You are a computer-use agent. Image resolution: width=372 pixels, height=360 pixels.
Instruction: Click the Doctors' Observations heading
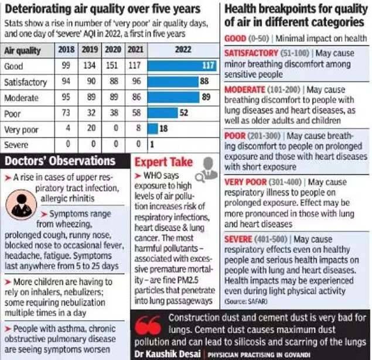(59, 161)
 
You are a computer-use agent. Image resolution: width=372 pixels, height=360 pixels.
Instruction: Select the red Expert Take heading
(164, 162)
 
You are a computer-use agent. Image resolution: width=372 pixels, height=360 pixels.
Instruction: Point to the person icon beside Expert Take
(206, 168)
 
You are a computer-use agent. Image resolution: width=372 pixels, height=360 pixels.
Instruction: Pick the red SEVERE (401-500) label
(258, 239)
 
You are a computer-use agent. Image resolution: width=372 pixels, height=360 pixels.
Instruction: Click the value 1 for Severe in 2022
(152, 144)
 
